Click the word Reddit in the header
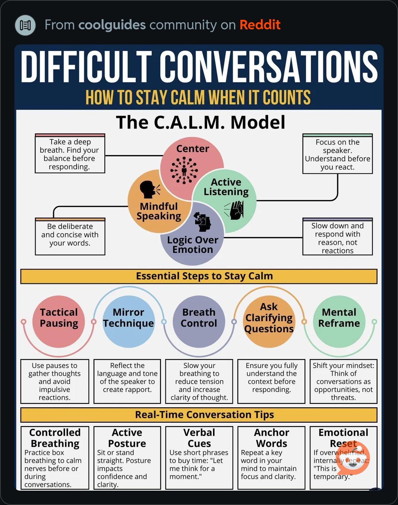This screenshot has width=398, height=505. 260,25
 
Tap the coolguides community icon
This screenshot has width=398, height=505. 25,25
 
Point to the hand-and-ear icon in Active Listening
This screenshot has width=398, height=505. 234,210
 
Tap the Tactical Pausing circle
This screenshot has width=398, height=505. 59,321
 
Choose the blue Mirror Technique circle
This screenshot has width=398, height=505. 129,321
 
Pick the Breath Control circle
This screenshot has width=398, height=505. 199,321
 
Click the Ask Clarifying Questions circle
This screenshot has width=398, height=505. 269,321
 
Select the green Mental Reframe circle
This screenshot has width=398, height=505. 339,321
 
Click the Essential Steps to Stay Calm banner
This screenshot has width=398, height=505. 199,276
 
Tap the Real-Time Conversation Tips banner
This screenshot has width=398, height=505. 199,415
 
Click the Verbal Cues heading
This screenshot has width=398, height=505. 199,438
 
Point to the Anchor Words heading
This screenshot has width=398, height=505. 272,438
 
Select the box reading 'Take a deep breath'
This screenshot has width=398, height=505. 70,153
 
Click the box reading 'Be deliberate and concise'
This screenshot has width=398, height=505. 70,236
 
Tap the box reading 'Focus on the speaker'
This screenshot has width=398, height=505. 338,154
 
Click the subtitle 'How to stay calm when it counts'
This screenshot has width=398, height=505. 198,97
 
